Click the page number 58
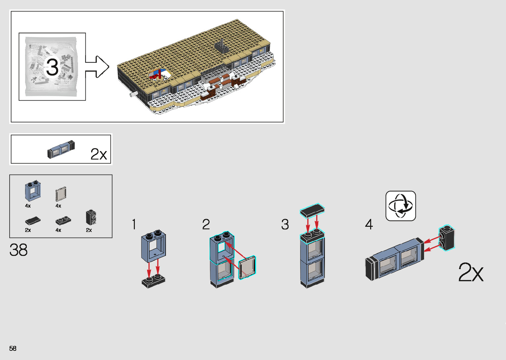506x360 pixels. point(13,348)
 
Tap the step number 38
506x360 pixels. point(19,250)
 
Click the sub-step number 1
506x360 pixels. point(134,224)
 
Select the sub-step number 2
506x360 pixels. point(206,224)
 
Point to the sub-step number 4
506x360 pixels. point(369,224)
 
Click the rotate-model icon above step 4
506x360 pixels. point(401,206)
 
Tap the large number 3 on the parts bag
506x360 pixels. point(52,67)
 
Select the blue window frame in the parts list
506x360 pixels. point(33,191)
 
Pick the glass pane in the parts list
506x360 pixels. point(61,194)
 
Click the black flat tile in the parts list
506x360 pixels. point(33,220)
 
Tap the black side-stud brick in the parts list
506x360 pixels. point(91,217)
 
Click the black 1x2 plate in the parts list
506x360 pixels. point(63,220)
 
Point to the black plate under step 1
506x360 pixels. point(153,282)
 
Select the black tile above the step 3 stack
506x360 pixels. point(312,211)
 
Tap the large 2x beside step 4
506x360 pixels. point(471,272)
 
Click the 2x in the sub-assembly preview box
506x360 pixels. point(98,154)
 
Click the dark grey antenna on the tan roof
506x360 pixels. point(221,46)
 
